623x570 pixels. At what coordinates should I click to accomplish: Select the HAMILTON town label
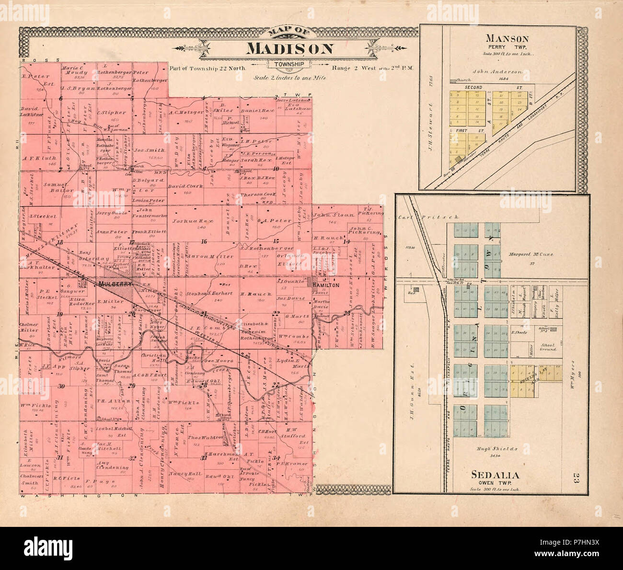[x=326, y=285]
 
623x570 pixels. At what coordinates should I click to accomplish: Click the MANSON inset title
[x=507, y=39]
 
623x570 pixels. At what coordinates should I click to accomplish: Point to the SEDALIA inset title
[x=495, y=475]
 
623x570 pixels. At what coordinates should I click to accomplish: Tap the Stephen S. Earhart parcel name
[x=192, y=293]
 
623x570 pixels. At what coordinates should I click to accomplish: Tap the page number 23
[x=576, y=478]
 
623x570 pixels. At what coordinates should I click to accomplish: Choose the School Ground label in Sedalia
[x=547, y=347]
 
